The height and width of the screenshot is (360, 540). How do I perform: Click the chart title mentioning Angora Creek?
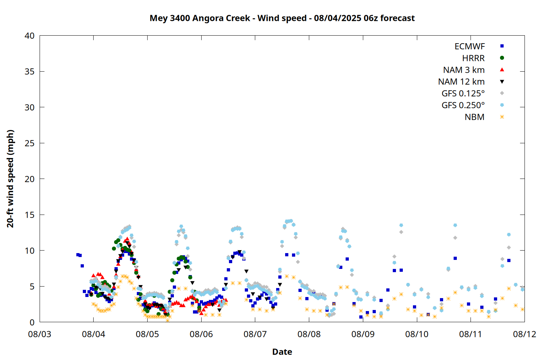point(282,18)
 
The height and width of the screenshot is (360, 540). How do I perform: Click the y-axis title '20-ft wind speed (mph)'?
point(10,179)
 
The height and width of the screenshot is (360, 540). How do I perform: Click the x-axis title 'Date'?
point(282,352)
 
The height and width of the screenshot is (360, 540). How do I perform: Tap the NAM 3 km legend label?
point(464,70)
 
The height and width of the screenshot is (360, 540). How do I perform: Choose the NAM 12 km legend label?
point(461,82)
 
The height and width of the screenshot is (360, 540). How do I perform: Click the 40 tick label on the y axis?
point(30,36)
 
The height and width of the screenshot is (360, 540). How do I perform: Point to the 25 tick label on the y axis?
point(30,143)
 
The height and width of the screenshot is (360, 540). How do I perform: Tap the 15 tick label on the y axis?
point(30,215)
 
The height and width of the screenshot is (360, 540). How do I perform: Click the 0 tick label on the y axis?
point(32,323)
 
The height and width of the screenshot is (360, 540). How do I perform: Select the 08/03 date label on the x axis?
point(40,334)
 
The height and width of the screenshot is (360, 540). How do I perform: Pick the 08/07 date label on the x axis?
point(255,334)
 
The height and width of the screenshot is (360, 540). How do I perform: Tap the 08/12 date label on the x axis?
point(525,334)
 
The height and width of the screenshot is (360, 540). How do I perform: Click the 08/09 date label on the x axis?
point(363,334)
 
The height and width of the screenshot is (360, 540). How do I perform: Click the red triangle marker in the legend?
point(502,70)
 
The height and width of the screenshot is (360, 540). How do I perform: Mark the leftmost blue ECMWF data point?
point(78,255)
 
